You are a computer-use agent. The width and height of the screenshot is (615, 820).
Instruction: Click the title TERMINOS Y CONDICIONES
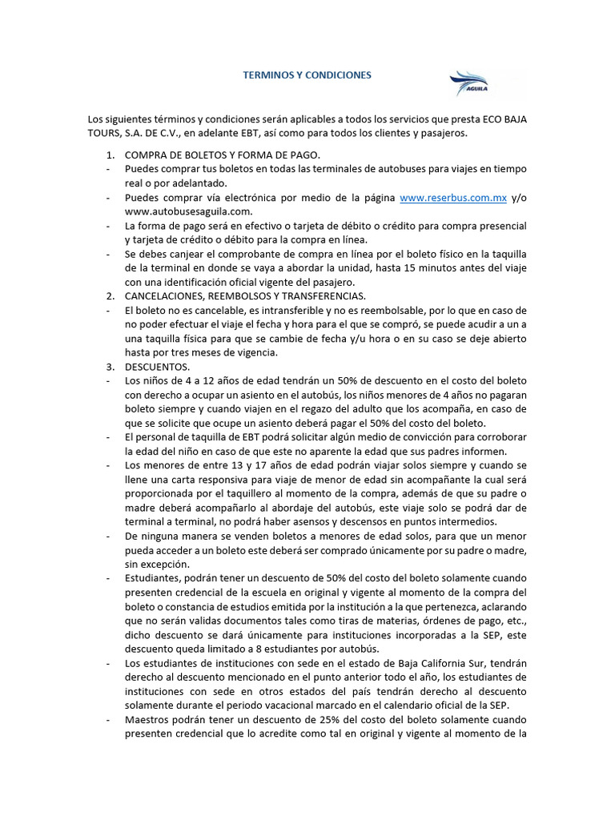pyautogui.click(x=307, y=75)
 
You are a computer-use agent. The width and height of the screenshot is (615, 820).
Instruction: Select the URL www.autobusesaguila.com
pyautogui.click(x=188, y=211)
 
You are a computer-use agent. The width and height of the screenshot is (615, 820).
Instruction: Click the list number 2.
pyautogui.click(x=110, y=296)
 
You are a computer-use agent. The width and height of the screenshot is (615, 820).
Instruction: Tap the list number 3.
pyautogui.click(x=110, y=367)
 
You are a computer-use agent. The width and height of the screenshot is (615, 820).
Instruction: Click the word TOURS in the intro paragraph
pyautogui.click(x=102, y=133)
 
